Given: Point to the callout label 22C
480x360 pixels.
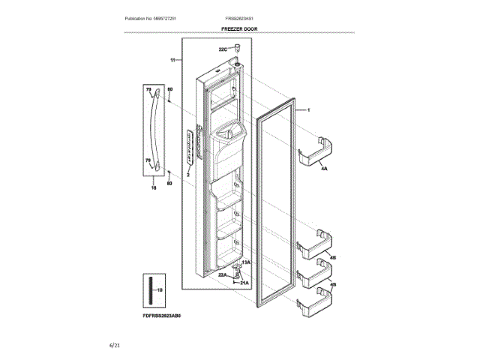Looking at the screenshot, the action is [x=223, y=49].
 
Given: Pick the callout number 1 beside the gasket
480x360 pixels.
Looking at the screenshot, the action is [x=307, y=109].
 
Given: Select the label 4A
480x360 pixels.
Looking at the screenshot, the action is [x=324, y=169].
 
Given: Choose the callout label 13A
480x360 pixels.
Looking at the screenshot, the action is [x=245, y=263].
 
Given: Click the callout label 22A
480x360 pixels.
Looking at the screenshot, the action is [x=223, y=275].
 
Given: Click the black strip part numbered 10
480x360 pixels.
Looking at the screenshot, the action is [x=149, y=289].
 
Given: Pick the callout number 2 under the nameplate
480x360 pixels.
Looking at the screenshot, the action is [x=188, y=173].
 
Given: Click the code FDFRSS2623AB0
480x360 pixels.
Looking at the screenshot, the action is [x=161, y=316].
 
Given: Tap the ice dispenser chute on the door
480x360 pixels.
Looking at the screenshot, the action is [x=227, y=139].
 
